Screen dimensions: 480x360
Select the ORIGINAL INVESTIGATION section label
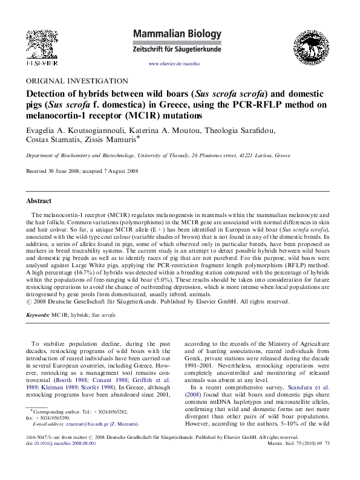(x=76, y=80)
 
